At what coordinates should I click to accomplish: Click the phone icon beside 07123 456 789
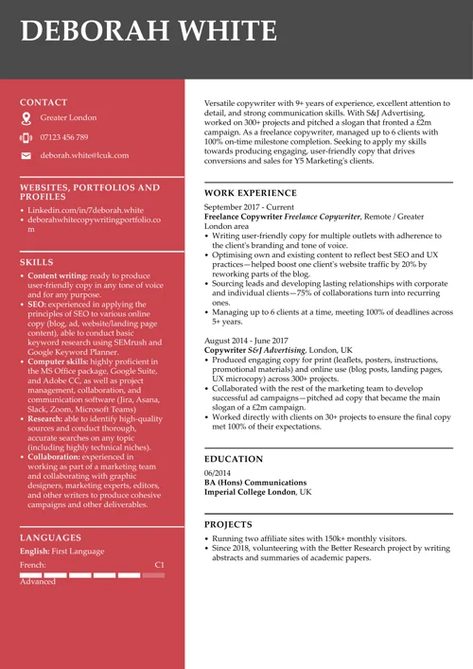(26, 137)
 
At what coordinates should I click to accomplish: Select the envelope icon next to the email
(26, 155)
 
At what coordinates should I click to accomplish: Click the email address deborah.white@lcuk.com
(84, 155)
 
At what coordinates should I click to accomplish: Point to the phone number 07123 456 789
(64, 137)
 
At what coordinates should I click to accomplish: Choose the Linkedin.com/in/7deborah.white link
(85, 210)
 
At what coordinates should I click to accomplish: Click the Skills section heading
(36, 262)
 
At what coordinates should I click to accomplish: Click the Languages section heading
(50, 537)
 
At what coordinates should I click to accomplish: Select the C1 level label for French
(159, 564)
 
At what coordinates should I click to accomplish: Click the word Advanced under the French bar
(38, 582)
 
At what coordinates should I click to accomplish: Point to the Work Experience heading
(251, 193)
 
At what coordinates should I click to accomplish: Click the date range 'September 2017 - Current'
(249, 206)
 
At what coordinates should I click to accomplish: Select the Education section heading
(234, 459)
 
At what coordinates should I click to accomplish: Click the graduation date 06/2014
(218, 472)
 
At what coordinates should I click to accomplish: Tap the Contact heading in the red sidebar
(44, 102)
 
